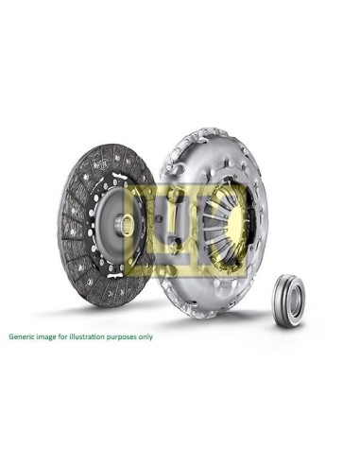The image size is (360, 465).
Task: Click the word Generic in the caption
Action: [21, 336]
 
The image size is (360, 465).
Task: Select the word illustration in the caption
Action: [83, 336]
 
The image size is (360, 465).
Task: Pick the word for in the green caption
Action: [60, 336]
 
